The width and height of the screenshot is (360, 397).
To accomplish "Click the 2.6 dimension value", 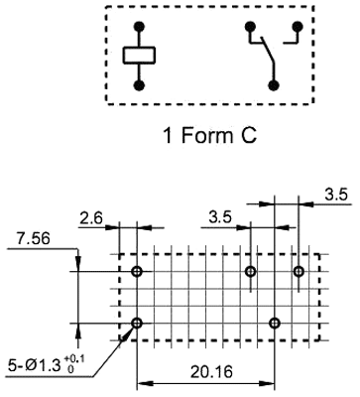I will point(90,215).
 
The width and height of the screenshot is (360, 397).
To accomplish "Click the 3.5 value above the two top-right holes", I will point(222,215).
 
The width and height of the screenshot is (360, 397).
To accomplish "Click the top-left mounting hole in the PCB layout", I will point(137,271).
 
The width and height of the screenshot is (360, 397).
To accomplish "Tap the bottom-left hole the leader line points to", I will point(137,323).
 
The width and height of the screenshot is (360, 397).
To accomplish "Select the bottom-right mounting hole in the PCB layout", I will point(274,323).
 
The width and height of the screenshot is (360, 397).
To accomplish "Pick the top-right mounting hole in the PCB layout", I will point(298,271).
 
